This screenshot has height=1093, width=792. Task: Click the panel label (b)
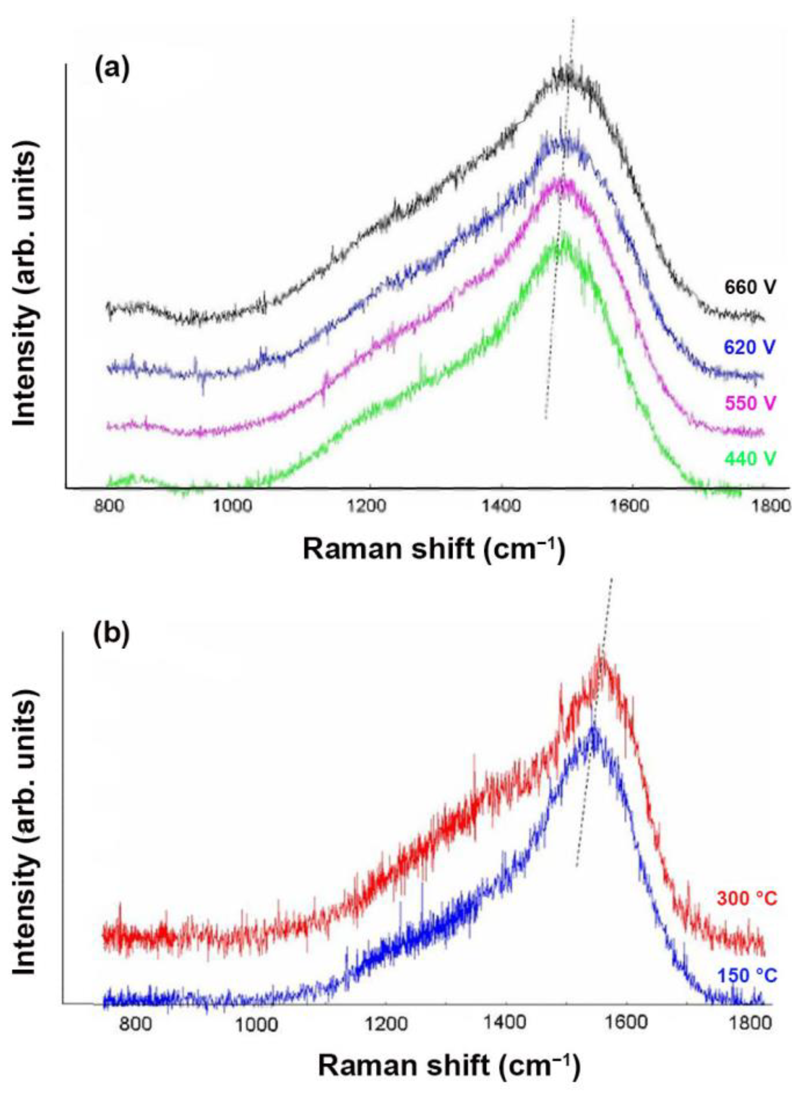click(111, 635)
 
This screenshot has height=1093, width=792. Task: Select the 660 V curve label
click(750, 288)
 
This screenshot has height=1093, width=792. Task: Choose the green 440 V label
click(750, 459)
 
